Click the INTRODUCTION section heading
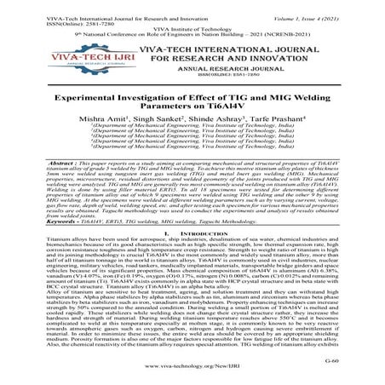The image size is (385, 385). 198,267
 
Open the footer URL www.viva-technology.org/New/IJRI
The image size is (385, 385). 192,374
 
